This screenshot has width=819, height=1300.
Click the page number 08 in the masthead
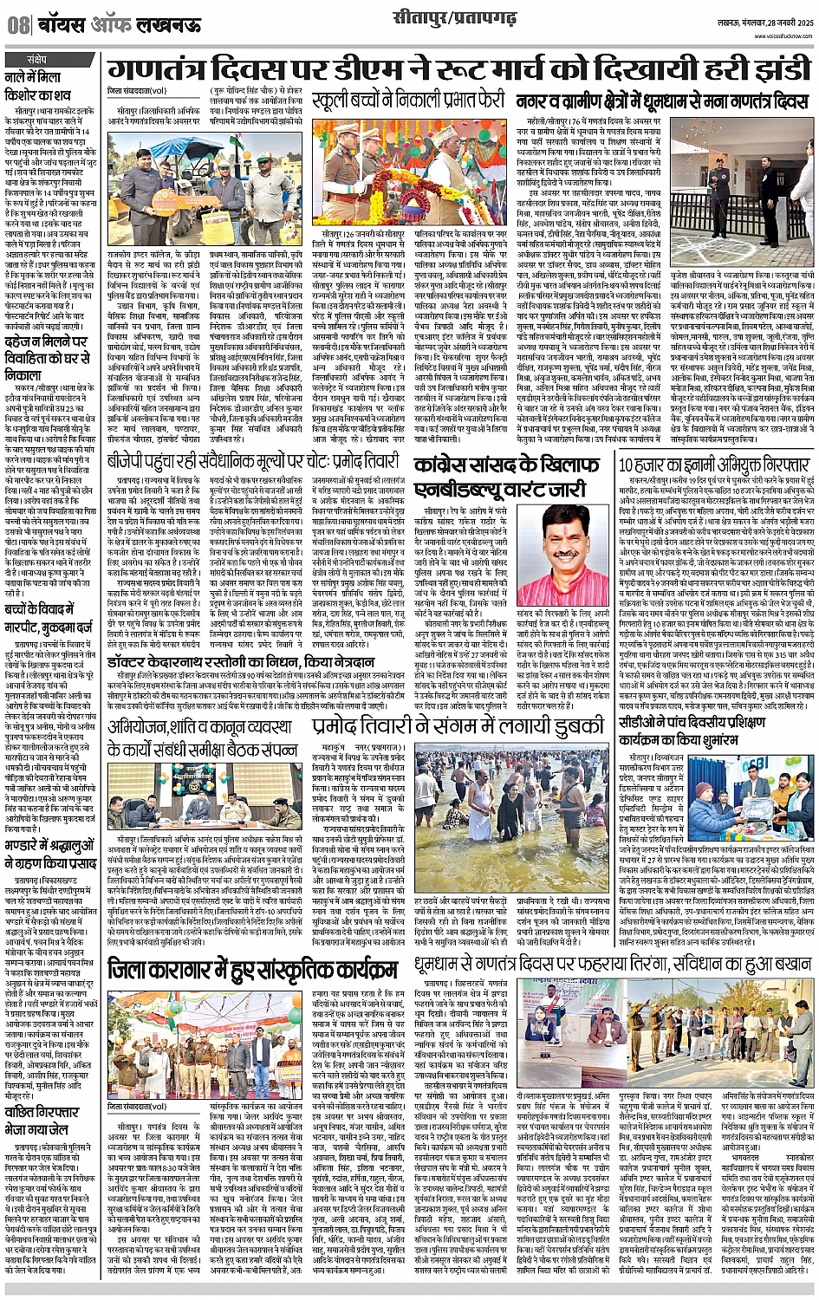tap(18, 24)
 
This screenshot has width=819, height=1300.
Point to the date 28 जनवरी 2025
tap(777, 20)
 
